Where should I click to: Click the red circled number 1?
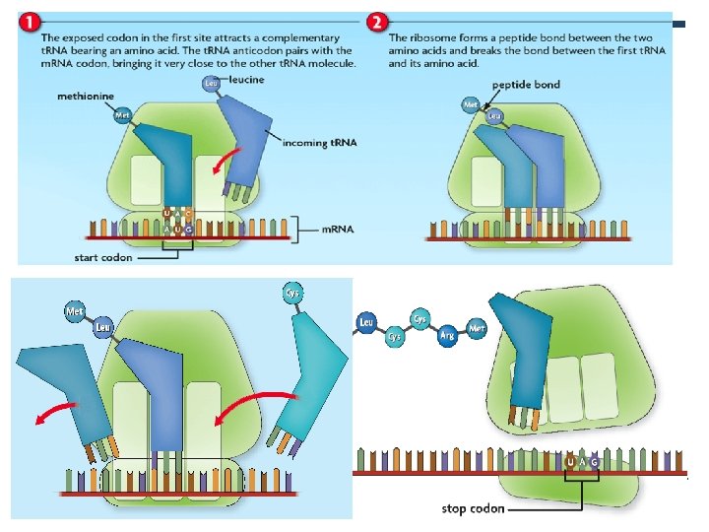point(31,22)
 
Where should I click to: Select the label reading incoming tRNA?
point(317,143)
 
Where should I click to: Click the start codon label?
point(103,258)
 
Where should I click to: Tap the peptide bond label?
point(526,85)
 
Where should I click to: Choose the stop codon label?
point(474,509)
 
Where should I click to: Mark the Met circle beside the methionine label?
point(123,116)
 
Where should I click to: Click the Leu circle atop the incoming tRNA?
point(210,83)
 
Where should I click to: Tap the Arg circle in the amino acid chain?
point(449,333)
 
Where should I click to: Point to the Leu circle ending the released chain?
point(366,323)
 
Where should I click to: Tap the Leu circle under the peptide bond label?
point(493,116)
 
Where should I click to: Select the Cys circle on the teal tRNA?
point(292,293)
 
